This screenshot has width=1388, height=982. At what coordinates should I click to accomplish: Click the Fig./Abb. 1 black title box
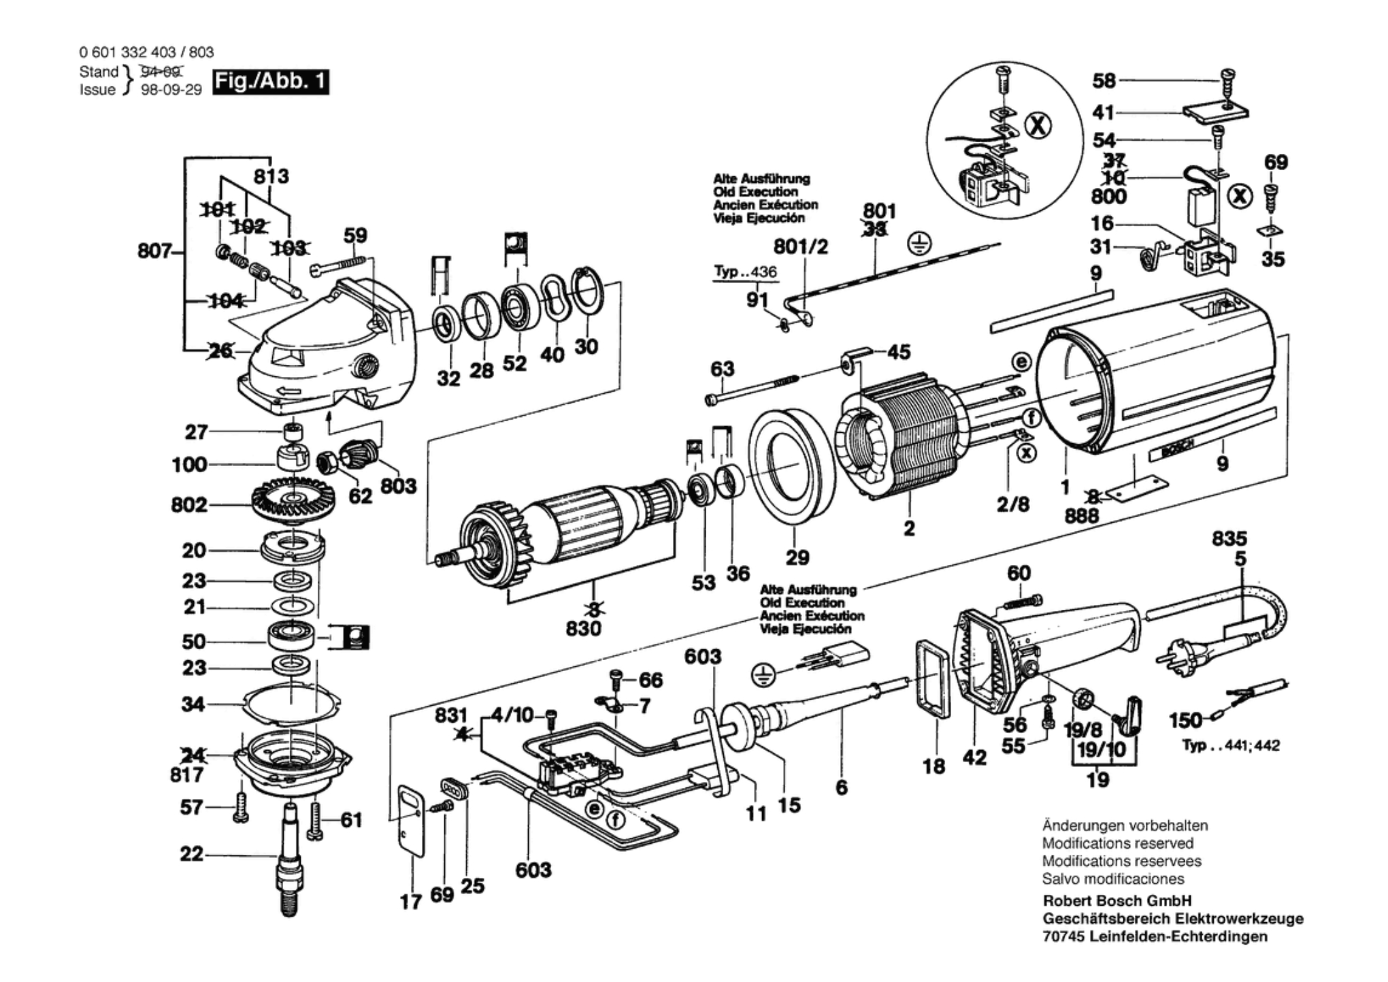click(270, 82)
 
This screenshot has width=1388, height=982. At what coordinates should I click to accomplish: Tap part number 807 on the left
click(154, 251)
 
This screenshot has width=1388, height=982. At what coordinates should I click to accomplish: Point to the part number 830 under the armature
click(584, 627)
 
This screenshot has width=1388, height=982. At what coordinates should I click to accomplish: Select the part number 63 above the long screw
click(722, 369)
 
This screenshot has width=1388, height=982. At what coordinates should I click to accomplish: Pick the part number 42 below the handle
click(974, 757)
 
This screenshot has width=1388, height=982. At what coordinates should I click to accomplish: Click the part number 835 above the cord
click(1229, 538)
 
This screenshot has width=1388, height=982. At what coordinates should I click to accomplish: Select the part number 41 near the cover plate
click(1103, 112)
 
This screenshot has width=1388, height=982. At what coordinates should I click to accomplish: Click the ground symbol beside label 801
click(919, 243)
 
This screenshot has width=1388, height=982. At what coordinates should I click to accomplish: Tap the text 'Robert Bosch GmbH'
click(1117, 900)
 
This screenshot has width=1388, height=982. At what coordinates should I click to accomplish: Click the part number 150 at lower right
click(1185, 720)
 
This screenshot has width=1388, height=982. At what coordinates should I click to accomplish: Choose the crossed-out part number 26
click(220, 351)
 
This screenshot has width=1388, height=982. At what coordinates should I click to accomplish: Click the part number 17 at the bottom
click(410, 902)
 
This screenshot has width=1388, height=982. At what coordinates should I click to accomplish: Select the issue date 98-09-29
click(171, 90)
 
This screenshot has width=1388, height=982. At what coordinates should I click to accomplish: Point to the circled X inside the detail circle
click(1038, 126)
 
